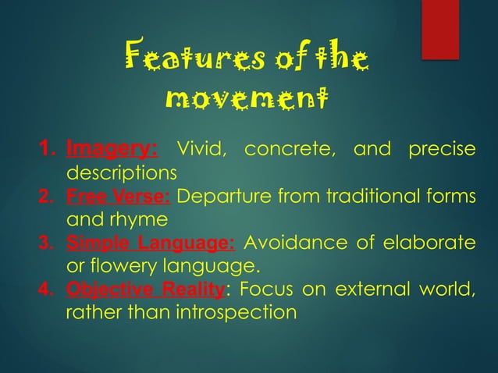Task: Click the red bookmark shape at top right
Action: [439, 29]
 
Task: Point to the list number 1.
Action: [48, 148]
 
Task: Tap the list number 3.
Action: [48, 243]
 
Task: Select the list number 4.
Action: [48, 291]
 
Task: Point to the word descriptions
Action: [121, 171]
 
